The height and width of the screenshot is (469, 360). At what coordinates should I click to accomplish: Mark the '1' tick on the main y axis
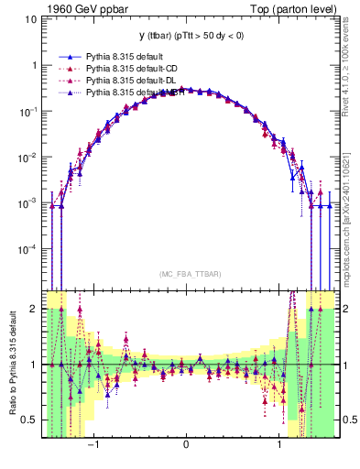tap(33, 65)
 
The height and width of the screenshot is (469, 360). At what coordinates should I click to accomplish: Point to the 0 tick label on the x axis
tap(187, 443)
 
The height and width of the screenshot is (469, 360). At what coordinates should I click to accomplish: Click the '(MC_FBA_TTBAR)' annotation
tap(187, 275)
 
